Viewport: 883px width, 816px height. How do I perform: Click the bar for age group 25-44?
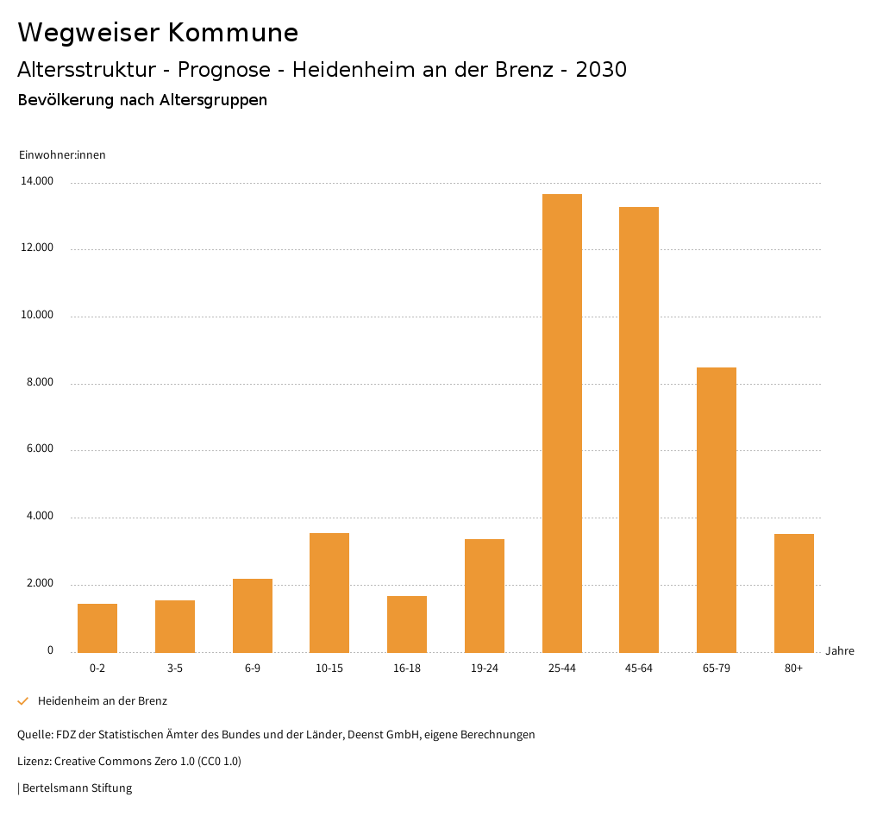pos(562,423)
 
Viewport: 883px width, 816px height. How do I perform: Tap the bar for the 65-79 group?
pos(717,510)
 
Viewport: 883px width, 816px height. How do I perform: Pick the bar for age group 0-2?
pos(97,628)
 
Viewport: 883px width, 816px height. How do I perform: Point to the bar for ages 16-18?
pos(407,624)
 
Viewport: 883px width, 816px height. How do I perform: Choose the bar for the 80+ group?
pos(794,593)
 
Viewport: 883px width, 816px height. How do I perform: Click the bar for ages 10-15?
pos(329,593)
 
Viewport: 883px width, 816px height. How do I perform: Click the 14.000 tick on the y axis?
pos(38,181)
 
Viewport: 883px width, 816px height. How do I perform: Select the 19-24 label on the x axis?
pos(485,668)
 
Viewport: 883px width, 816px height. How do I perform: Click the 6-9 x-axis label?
pos(253,668)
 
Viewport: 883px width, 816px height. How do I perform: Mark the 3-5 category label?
pos(175,668)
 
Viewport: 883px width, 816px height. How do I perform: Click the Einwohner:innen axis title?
pos(62,154)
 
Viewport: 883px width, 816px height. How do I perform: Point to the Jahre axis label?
pos(840,650)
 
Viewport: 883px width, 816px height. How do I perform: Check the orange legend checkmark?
pos(23,701)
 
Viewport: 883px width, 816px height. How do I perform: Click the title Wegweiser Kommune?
pos(158,33)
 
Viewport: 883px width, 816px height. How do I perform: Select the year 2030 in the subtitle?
pos(601,70)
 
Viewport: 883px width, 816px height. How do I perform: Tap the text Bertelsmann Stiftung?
pos(77,788)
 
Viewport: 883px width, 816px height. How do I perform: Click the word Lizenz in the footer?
pos(34,762)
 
